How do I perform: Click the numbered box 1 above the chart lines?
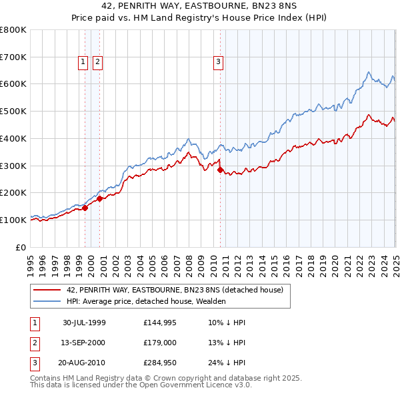tap(83, 63)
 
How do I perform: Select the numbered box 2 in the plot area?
tap(97, 63)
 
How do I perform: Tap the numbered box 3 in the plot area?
tap(218, 63)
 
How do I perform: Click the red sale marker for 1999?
tap(85, 208)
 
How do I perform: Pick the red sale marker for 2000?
tap(99, 198)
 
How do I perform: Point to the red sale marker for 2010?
tap(221, 170)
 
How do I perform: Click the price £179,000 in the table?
tap(159, 343)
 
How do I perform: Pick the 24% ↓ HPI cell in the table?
tap(227, 363)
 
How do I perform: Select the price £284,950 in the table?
tap(159, 363)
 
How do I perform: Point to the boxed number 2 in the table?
tap(34, 343)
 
